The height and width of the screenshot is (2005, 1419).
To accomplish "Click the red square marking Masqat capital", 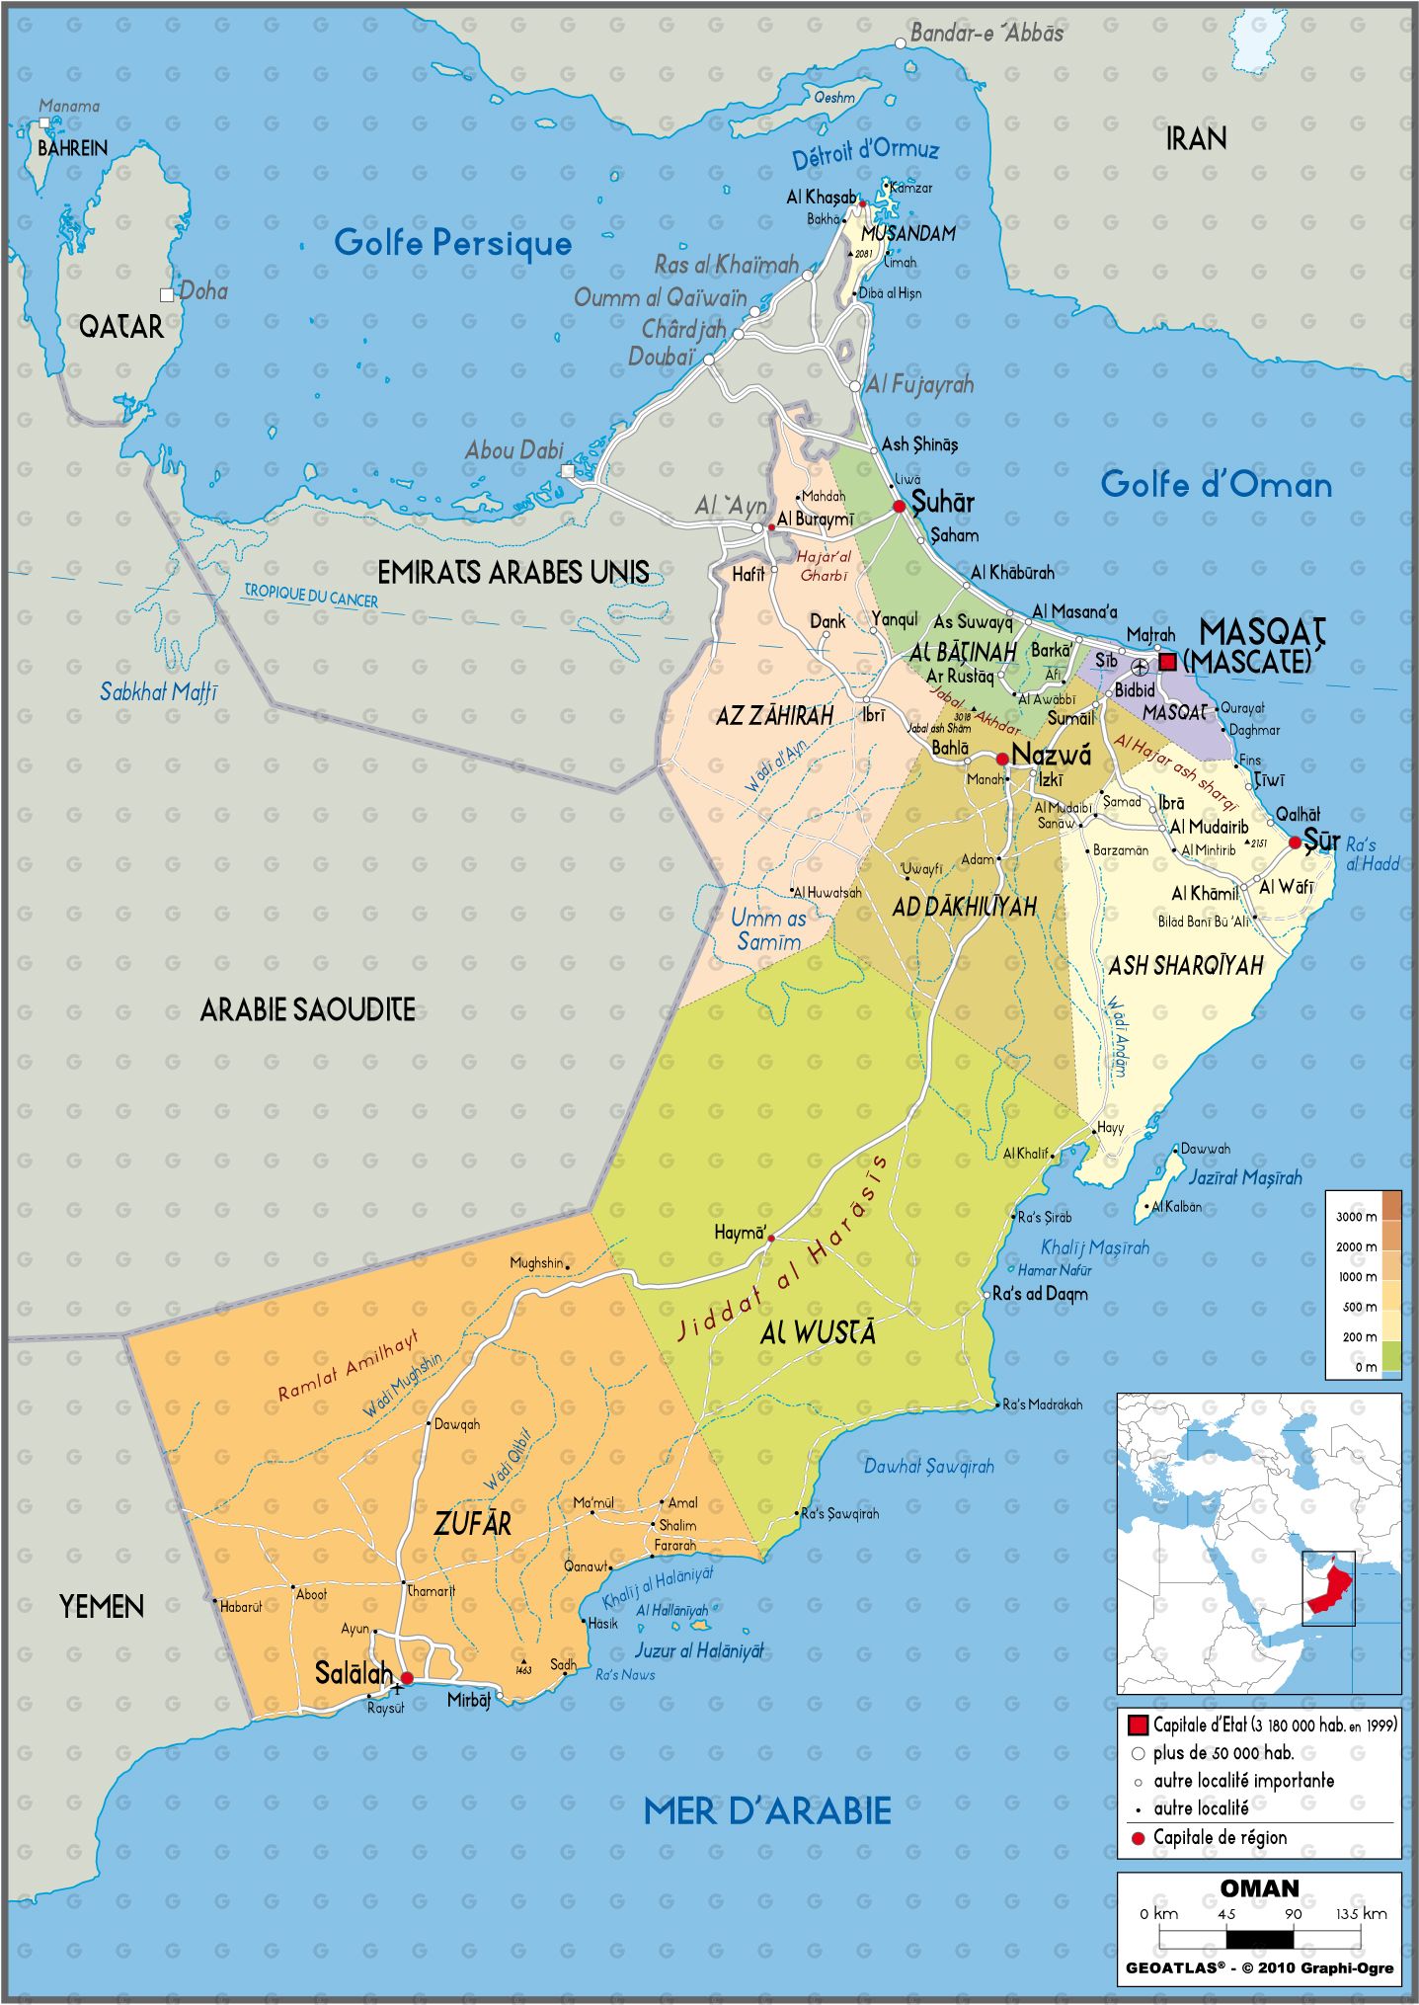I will (x=1167, y=661).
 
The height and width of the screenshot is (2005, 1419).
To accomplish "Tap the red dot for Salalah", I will (x=406, y=1677).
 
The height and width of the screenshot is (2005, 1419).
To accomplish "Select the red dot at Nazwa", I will (x=1002, y=759).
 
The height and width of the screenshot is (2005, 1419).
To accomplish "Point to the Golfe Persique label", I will (x=452, y=243).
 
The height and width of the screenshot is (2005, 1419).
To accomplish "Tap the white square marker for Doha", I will (x=167, y=294).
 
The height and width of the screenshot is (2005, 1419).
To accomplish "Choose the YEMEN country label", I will (x=102, y=1607).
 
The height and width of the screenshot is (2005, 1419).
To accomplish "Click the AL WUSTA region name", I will (x=818, y=1333).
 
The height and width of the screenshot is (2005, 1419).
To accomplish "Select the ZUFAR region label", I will (x=473, y=1524).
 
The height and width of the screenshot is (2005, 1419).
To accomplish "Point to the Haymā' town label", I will (x=740, y=1233).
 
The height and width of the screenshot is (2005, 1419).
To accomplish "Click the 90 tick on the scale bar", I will (x=1293, y=1913).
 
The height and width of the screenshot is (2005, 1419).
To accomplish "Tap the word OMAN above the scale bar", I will (x=1259, y=1887).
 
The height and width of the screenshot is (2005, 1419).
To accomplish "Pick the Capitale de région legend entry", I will (x=1220, y=1838).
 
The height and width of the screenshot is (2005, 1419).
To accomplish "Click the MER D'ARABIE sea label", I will (x=767, y=1810).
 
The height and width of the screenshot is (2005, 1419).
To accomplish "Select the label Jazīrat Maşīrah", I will (x=1244, y=1177).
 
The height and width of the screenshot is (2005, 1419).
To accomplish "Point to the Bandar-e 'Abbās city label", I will (x=986, y=34).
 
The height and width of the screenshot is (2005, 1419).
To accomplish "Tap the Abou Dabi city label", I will (x=514, y=450).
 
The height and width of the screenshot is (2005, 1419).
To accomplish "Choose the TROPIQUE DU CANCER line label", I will (x=311, y=596).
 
